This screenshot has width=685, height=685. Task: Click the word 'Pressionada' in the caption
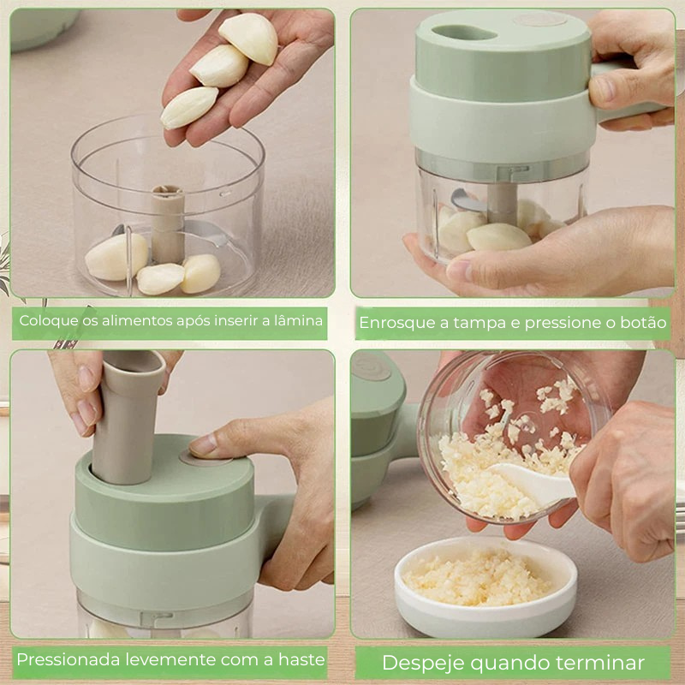(x=68, y=659)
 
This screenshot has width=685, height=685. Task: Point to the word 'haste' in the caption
(x=302, y=659)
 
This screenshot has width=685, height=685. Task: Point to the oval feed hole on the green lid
(x=464, y=33)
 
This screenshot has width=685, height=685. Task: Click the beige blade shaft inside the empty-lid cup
(x=168, y=223)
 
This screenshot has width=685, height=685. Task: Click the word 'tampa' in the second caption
(x=479, y=324)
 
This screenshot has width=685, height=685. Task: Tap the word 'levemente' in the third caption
(x=170, y=659)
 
